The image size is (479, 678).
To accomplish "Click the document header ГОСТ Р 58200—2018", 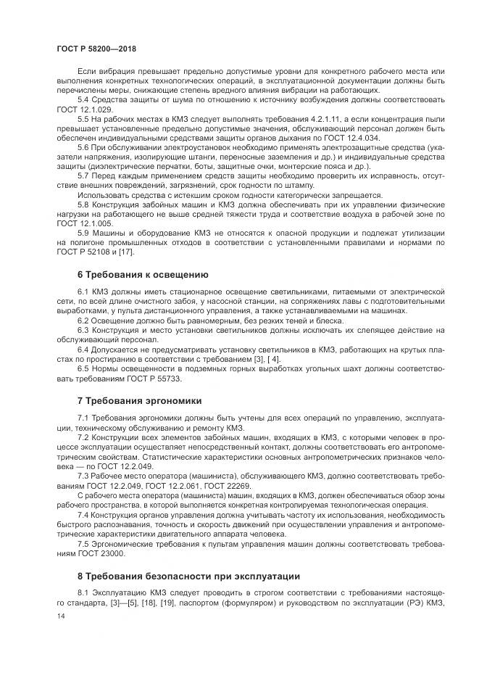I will (x=96, y=48).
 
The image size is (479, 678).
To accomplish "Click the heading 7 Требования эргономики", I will (x=139, y=400).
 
